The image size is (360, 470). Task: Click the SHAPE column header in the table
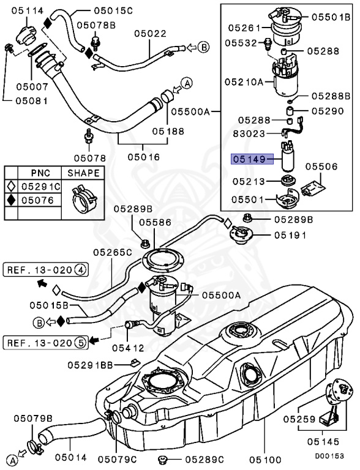pos(83,174)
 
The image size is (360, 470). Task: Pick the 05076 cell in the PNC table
pos(37,200)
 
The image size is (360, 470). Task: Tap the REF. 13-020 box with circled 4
pos(47,269)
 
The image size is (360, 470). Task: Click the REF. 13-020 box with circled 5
pos(46,342)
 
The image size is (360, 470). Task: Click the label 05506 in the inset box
pos(321,166)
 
